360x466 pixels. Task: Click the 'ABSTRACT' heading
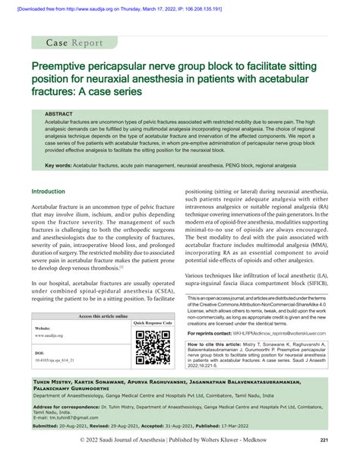[x=59, y=113]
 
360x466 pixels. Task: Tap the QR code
[x=152, y=349]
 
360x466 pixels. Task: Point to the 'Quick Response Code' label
[x=152, y=324]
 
